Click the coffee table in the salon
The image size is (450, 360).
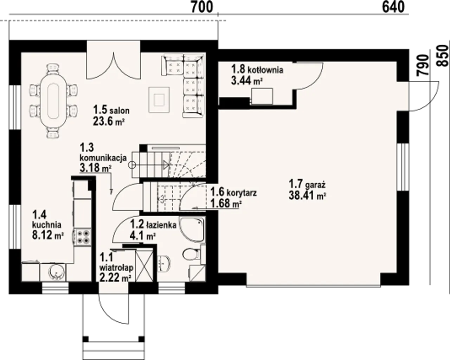pos(159,100)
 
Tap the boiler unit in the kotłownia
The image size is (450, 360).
pos(262,96)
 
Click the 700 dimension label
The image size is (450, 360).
pos(202,7)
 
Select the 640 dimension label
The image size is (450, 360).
pos(393,7)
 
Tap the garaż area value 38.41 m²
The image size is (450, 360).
pos(307,196)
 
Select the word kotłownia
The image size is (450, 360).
pos(265,70)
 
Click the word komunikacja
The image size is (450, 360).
pos(103,158)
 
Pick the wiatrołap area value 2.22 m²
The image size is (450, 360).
pos(115,278)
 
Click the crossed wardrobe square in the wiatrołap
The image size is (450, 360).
pos(144,266)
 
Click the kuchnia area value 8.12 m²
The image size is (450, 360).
pos(48,235)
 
